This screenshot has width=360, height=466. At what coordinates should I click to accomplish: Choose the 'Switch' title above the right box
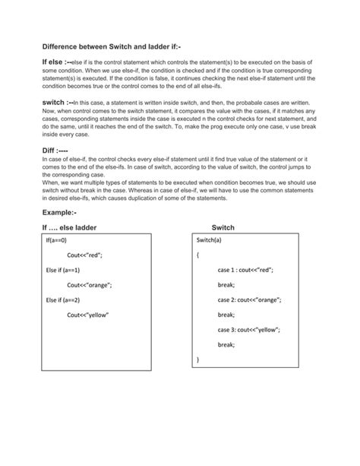click(223, 227)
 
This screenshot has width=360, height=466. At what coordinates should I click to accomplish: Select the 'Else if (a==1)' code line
click(63, 270)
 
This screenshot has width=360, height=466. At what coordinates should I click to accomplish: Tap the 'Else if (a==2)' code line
click(63, 300)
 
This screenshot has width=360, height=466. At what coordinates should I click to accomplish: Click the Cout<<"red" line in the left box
click(84, 255)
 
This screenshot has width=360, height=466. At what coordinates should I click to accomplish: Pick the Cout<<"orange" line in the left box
click(90, 284)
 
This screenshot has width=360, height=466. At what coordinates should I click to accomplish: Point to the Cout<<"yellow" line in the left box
click(88, 314)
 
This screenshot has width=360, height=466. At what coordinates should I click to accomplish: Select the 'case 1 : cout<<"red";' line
click(245, 270)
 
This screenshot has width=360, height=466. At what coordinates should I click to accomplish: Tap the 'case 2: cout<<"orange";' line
click(249, 300)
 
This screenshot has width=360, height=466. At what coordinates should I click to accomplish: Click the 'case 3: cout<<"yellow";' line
click(249, 329)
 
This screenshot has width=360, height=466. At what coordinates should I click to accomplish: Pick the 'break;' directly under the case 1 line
click(226, 284)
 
